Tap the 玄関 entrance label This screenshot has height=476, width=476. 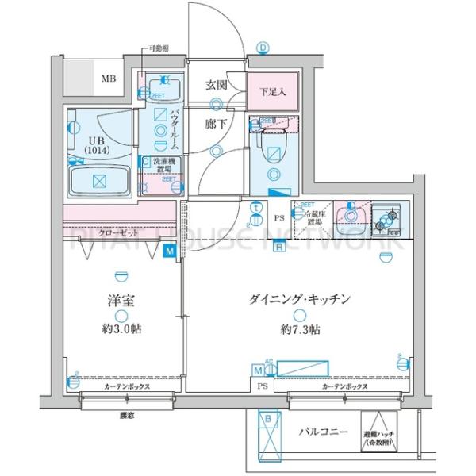coord(217,86)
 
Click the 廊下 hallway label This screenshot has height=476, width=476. coord(215,124)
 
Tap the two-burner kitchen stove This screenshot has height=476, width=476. coord(389,218)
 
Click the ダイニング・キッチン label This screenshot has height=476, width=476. coord(300,299)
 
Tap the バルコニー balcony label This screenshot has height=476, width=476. coord(321,434)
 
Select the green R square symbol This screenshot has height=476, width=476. coord(279,247)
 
